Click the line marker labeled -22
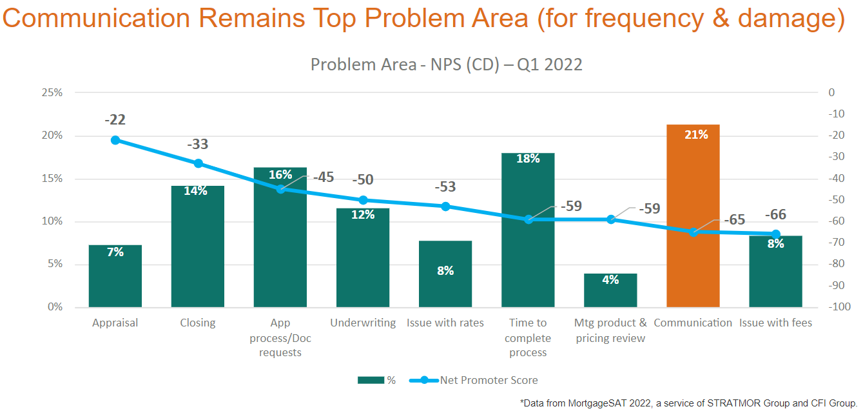(115, 140)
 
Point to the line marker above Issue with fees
(775, 234)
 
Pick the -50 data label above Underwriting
(362, 180)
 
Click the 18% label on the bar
(528, 158)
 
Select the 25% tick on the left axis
(52, 92)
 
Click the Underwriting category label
(363, 323)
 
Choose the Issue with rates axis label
(445, 323)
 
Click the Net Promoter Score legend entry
(488, 380)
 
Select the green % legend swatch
(370, 380)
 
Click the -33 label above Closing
(198, 145)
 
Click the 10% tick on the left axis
(52, 221)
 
